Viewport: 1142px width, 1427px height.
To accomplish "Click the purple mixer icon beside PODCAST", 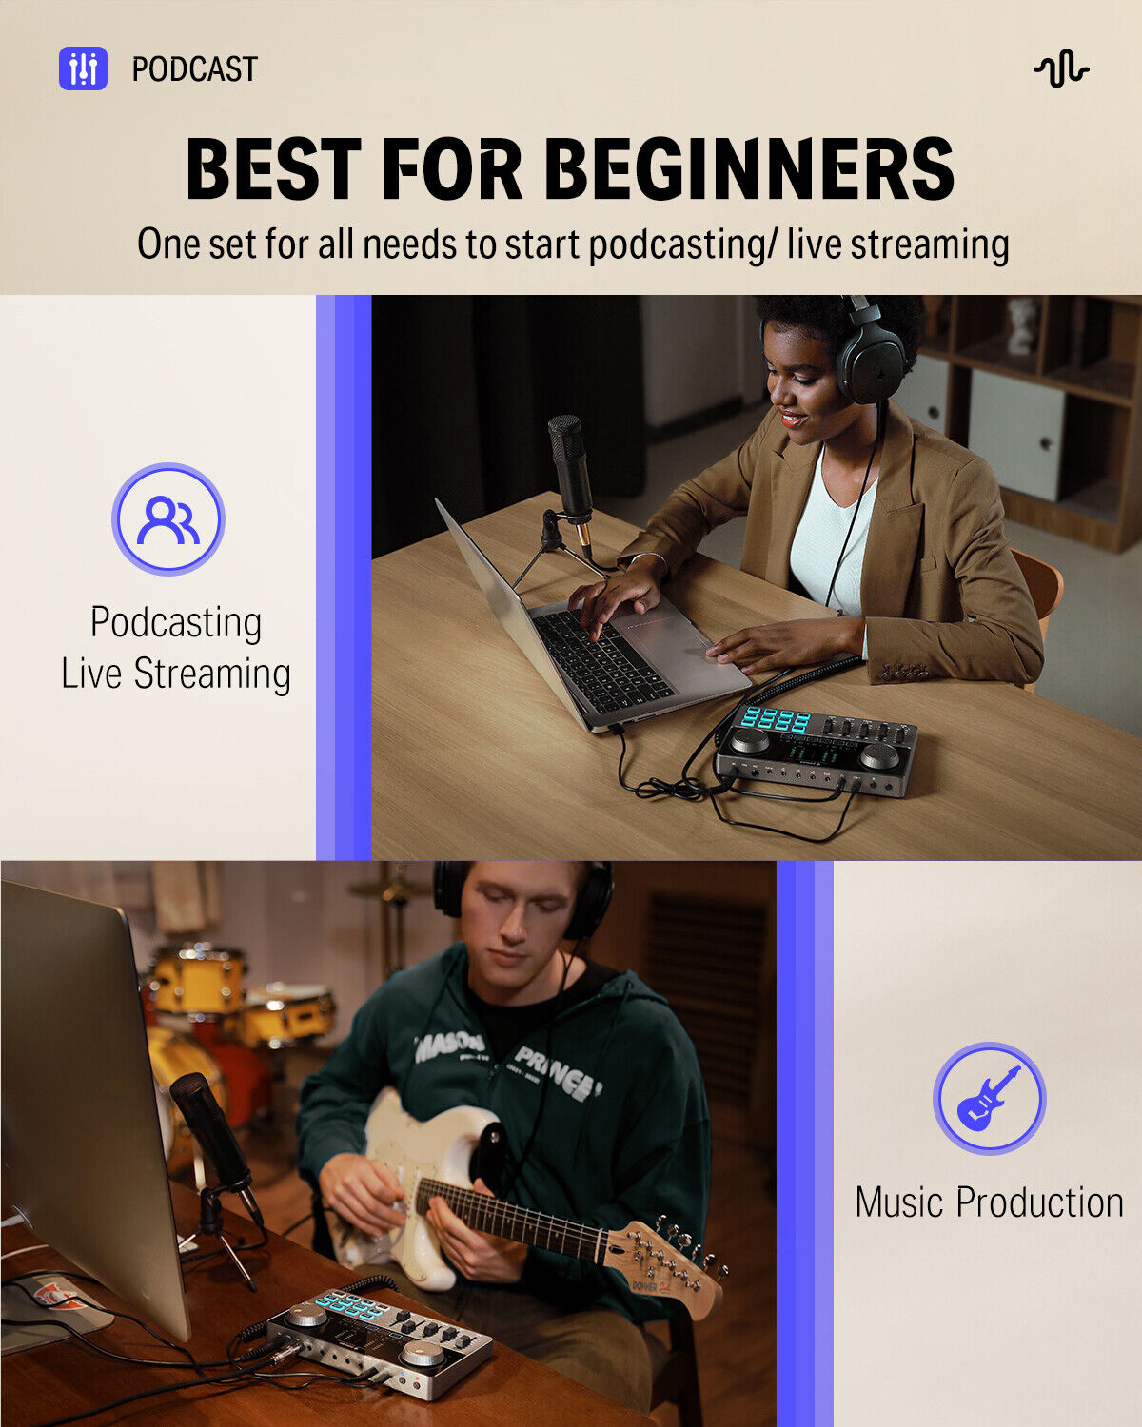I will [x=83, y=68].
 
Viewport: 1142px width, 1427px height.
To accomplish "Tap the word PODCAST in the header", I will [x=194, y=69].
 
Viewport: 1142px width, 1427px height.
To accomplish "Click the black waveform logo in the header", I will [x=1060, y=69].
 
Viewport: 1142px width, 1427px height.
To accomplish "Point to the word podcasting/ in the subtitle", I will [x=677, y=244].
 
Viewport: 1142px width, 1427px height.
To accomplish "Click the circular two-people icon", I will [x=168, y=519].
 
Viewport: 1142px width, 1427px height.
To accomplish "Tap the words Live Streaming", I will [x=176, y=674].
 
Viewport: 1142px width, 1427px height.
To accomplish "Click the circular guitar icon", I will [x=989, y=1099].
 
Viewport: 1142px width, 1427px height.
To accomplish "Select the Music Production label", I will [x=989, y=1202].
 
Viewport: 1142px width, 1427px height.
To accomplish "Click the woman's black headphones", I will [x=869, y=357].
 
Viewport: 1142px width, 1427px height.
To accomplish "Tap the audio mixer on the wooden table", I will [x=817, y=752].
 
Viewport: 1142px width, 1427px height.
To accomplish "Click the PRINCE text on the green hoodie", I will [x=557, y=1070].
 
